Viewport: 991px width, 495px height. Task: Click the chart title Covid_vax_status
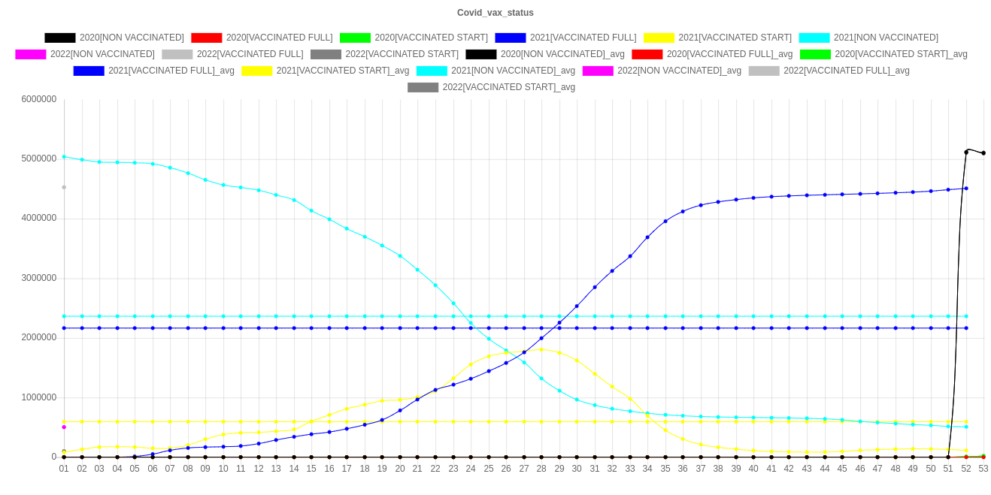[x=496, y=13]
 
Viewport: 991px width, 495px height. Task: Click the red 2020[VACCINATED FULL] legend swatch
[x=207, y=38]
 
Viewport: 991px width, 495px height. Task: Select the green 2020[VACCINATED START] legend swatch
[x=356, y=38]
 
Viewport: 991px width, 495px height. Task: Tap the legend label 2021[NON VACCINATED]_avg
[x=513, y=71]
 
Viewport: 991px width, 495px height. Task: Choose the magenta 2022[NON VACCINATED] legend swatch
[x=31, y=54]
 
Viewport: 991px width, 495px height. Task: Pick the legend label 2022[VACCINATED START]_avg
[x=508, y=87]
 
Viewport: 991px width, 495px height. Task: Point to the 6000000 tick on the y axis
[x=39, y=98]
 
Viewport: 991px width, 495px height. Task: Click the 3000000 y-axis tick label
[x=39, y=278]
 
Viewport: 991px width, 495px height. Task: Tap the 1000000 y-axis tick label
[x=39, y=397]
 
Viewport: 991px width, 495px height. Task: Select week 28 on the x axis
[x=541, y=469]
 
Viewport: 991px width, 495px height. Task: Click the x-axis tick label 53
[x=983, y=469]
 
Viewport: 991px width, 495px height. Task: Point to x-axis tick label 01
[x=64, y=469]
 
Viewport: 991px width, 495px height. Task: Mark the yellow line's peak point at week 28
[x=541, y=349]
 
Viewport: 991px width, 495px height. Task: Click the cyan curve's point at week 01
[x=64, y=157]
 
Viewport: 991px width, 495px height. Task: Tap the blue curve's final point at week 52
[x=966, y=189]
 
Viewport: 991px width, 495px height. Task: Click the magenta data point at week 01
[x=64, y=427]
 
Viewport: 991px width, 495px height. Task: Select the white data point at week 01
[x=64, y=187]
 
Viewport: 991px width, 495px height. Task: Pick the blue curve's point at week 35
[x=665, y=221]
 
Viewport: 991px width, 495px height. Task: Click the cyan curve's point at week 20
[x=400, y=256]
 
